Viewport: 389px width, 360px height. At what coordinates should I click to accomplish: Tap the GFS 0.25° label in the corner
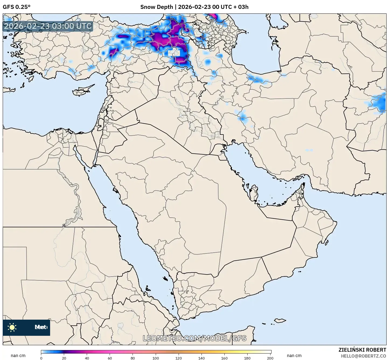(x=17, y=7)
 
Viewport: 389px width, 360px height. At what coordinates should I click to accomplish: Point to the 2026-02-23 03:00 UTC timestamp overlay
(x=48, y=26)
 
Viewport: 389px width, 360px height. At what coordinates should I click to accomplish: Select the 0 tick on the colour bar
(x=41, y=358)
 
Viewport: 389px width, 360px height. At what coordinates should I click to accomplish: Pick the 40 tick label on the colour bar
(x=87, y=358)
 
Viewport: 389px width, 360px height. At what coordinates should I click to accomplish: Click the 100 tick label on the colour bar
(x=156, y=358)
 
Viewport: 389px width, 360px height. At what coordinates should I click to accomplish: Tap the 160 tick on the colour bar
(x=224, y=358)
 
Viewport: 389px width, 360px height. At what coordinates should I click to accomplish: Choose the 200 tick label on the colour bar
(x=270, y=358)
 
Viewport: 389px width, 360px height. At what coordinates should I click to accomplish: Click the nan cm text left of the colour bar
(x=18, y=355)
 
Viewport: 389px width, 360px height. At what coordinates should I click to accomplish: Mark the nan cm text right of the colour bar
(x=294, y=355)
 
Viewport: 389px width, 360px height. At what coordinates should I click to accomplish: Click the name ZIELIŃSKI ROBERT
(x=362, y=350)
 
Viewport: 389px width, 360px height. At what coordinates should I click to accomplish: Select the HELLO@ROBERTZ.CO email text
(x=363, y=356)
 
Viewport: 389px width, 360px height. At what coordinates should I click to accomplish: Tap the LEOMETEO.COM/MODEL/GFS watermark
(x=194, y=338)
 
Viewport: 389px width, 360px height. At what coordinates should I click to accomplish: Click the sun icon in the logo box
(x=12, y=327)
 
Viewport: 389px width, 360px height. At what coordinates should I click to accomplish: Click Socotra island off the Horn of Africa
(x=280, y=320)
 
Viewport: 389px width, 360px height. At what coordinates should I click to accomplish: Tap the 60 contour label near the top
(x=212, y=21)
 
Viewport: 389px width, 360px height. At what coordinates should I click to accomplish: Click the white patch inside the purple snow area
(x=174, y=52)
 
